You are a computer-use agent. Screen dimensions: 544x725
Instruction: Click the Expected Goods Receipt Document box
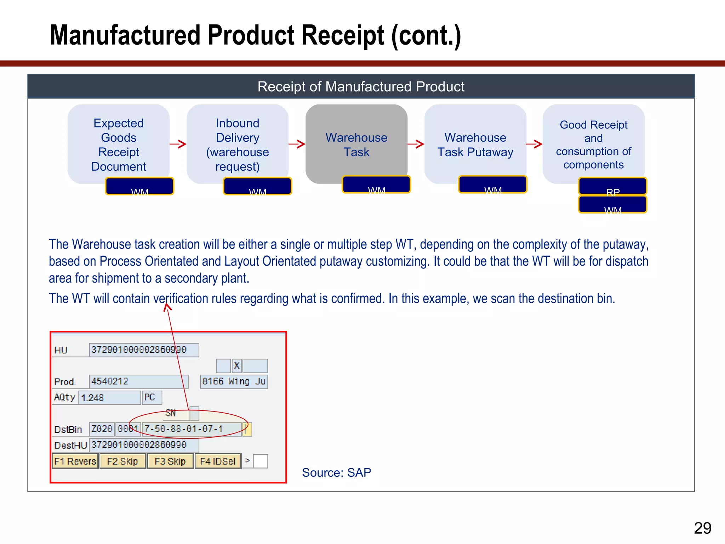click(x=119, y=144)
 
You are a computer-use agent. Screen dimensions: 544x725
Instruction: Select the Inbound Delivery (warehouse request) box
click(x=238, y=144)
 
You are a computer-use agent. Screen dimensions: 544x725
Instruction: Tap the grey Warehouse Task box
click(x=356, y=144)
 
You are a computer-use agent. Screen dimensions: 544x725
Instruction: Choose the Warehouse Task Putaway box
click(x=475, y=144)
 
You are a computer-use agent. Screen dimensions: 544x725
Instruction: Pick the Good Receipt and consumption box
click(x=594, y=144)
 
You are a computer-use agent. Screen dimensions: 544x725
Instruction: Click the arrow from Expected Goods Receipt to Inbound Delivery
click(x=178, y=144)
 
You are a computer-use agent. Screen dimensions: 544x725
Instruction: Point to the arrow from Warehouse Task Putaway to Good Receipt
click(x=534, y=144)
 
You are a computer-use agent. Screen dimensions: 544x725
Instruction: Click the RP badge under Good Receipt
click(x=612, y=186)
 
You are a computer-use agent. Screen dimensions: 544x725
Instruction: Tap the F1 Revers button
click(x=75, y=461)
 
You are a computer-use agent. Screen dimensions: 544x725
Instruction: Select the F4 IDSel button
click(x=218, y=461)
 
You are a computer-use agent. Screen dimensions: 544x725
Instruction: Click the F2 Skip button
click(x=122, y=461)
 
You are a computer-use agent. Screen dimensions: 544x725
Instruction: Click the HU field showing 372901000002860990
click(x=144, y=350)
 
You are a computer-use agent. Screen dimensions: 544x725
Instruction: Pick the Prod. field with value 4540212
click(x=138, y=381)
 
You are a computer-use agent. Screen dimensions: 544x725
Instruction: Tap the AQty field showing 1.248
click(x=109, y=397)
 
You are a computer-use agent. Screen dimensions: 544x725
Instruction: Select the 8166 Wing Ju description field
click(x=234, y=381)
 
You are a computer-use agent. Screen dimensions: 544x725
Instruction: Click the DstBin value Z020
click(x=102, y=429)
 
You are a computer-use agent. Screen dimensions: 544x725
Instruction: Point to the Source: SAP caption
click(x=336, y=472)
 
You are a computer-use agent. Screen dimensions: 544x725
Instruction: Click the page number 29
click(x=702, y=528)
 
